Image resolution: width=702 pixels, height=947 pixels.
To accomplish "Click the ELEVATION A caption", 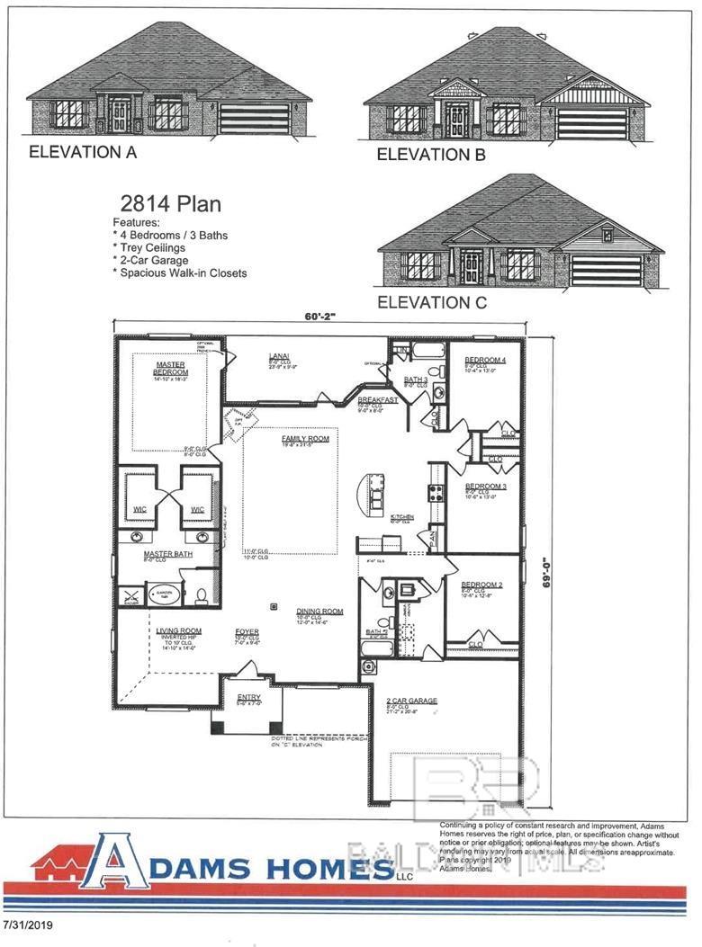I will pyautogui.click(x=83, y=152).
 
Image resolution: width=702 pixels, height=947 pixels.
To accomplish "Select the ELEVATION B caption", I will pyautogui.click(x=431, y=155).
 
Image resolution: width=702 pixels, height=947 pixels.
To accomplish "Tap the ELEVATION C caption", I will pyautogui.click(x=432, y=302).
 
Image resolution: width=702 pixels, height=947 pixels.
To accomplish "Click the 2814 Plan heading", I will pyautogui.click(x=171, y=204).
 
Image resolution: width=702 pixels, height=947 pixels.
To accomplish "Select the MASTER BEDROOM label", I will pyautogui.click(x=170, y=368).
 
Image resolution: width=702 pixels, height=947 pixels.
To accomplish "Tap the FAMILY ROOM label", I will pyautogui.click(x=305, y=438).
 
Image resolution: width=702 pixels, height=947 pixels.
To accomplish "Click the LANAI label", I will pyautogui.click(x=278, y=356).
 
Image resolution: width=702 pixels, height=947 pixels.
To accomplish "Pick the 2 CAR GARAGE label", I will pyautogui.click(x=411, y=700).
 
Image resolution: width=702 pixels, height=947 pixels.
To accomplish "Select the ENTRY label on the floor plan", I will pyautogui.click(x=248, y=697).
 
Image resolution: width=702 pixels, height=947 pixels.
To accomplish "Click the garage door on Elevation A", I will pyautogui.click(x=255, y=120).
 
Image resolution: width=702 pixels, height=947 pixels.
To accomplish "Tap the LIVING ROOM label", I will pyautogui.click(x=178, y=631).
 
